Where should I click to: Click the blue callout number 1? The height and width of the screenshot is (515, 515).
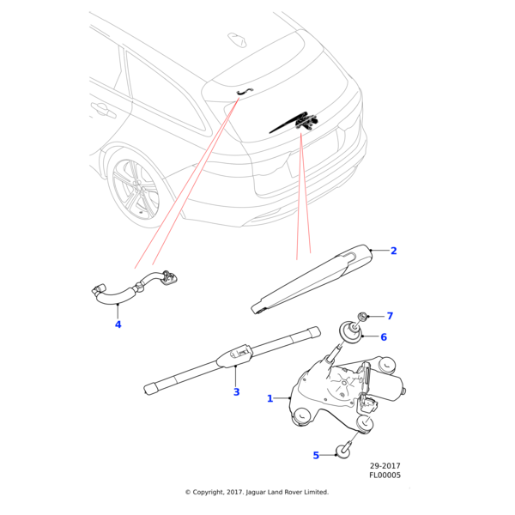tap(270, 398)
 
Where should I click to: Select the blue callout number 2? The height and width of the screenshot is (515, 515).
tap(394, 251)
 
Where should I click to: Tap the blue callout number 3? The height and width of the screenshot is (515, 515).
tap(236, 392)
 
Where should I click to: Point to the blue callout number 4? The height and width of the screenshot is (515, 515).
tap(118, 324)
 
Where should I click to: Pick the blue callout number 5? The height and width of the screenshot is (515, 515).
tap(316, 456)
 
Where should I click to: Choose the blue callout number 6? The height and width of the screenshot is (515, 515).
tap(384, 337)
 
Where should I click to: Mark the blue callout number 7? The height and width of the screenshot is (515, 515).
tap(389, 316)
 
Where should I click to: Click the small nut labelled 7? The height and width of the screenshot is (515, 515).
tap(363, 317)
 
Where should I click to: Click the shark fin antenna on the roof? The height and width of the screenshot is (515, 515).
tap(236, 39)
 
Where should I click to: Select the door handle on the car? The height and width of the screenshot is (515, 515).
tap(102, 109)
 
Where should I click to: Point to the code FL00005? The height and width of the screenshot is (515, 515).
tap(385, 475)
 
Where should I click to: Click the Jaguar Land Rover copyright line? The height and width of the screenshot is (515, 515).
tap(257, 492)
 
